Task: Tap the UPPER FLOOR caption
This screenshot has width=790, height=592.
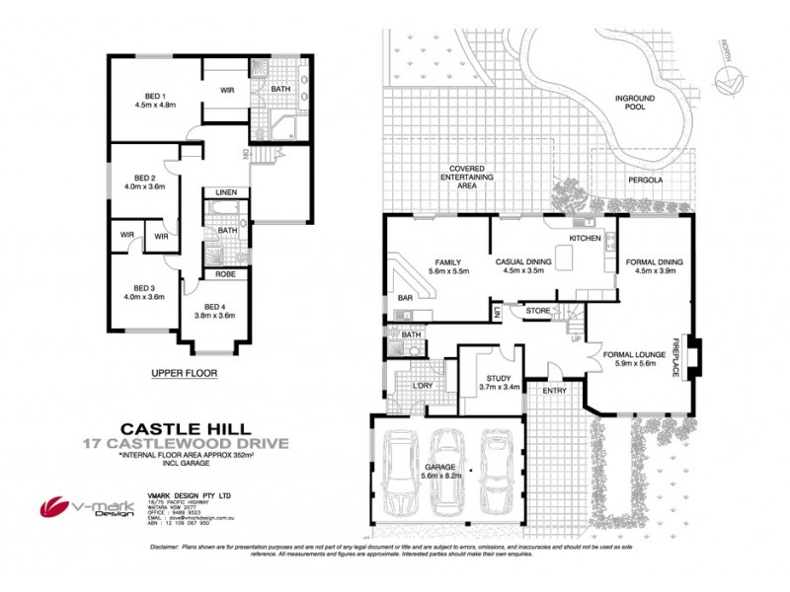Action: coord(183,374)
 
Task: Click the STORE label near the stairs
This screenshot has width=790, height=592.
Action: coord(537,312)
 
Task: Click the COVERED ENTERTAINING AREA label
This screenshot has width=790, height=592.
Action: coord(466,176)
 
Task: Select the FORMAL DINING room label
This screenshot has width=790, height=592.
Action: coord(655,261)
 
